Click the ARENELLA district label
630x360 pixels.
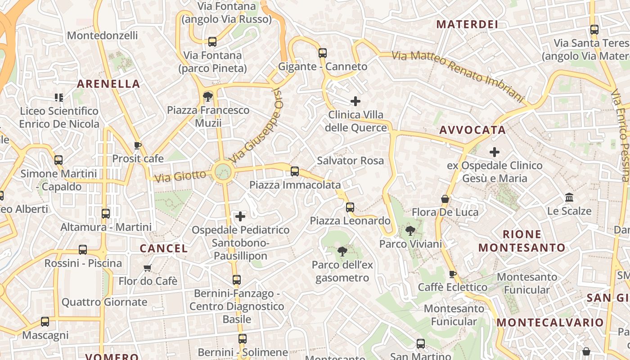point(108,84)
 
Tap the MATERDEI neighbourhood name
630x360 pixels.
point(467,24)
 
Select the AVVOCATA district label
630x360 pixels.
point(472,130)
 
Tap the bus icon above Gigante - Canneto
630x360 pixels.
point(322,53)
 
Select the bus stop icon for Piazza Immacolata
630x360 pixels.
point(295,171)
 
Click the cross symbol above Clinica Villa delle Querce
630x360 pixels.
point(355,101)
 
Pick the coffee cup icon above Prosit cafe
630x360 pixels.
point(138,145)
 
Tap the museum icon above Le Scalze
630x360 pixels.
point(569,198)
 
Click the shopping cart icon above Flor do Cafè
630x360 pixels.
point(147,268)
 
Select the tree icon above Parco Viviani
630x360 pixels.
point(410,231)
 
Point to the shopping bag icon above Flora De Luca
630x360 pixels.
point(445,199)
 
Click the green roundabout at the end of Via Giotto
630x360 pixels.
point(223,171)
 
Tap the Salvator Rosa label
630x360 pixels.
point(350,161)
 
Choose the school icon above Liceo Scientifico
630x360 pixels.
point(58,97)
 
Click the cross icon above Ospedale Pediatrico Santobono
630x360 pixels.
point(240,216)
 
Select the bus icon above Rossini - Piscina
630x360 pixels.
point(83,250)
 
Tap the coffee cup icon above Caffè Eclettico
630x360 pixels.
point(453,274)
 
